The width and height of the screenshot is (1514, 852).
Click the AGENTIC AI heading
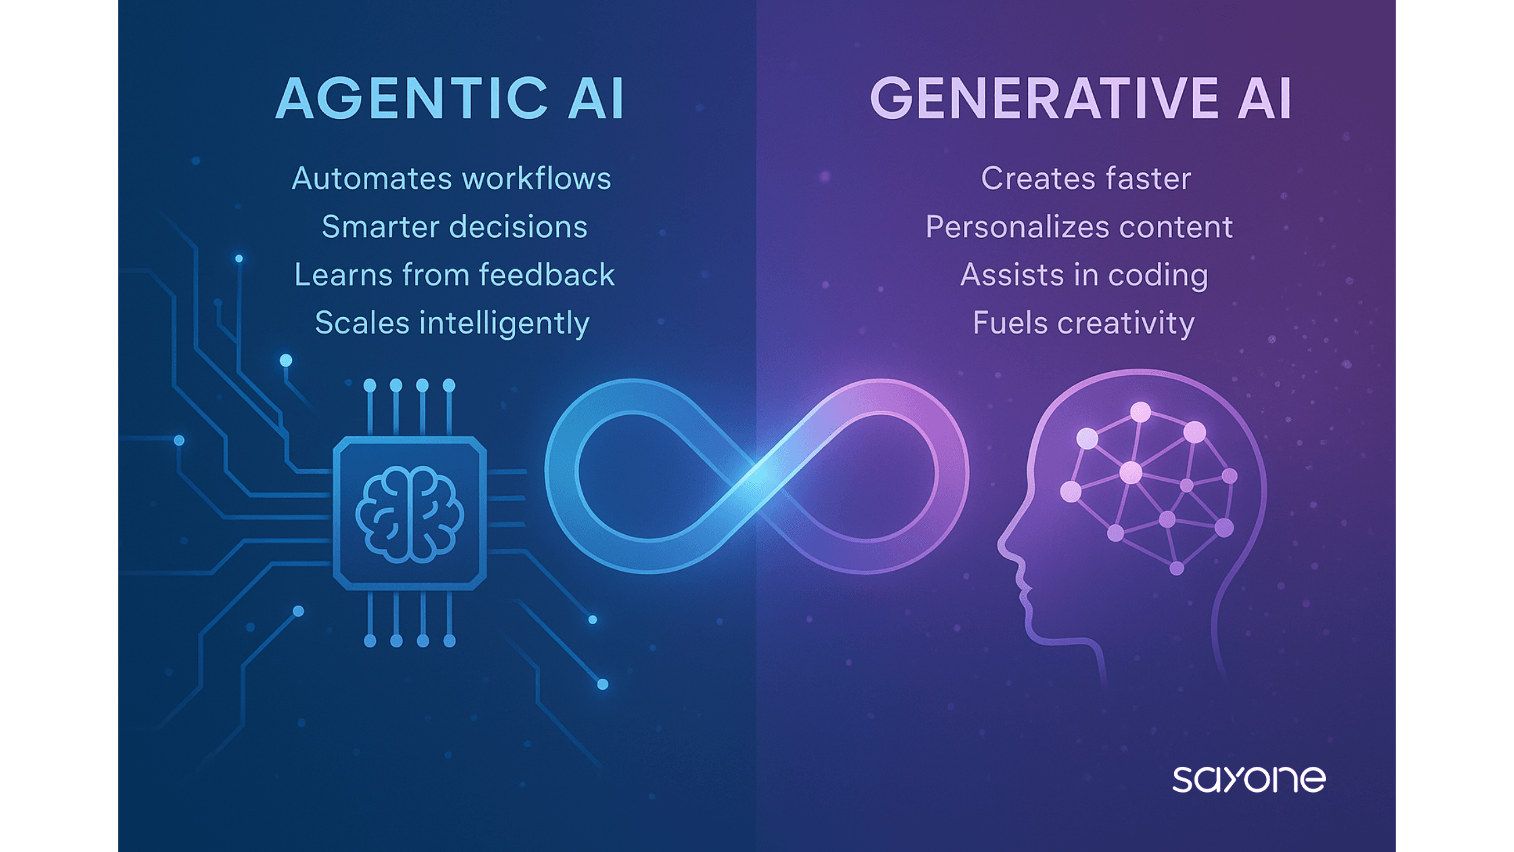[x=450, y=99]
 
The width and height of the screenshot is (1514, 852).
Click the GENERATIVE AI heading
[x=1081, y=99]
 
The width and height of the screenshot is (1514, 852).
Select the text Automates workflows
[x=451, y=179]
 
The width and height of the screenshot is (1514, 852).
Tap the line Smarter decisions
[x=454, y=227]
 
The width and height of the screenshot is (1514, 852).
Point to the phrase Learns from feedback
[x=454, y=275]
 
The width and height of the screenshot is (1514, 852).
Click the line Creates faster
[x=1085, y=179]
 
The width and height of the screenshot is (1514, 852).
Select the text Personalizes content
[x=1079, y=227]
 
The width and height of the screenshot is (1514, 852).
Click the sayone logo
[x=1249, y=780]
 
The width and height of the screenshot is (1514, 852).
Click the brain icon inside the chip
[x=410, y=515]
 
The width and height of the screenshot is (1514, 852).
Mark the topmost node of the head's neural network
[x=1141, y=412]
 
